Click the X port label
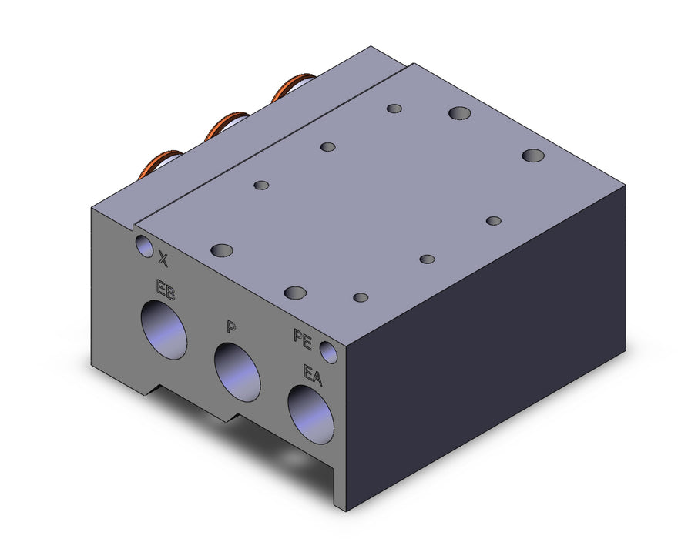[164, 259]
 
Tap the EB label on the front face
[165, 290]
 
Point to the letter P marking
[231, 327]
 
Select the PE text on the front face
[303, 339]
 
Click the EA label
[312, 375]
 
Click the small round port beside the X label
[144, 246]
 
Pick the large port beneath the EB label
[163, 330]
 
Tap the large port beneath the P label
[237, 372]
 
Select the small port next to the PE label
[329, 352]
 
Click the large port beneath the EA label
[311, 414]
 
